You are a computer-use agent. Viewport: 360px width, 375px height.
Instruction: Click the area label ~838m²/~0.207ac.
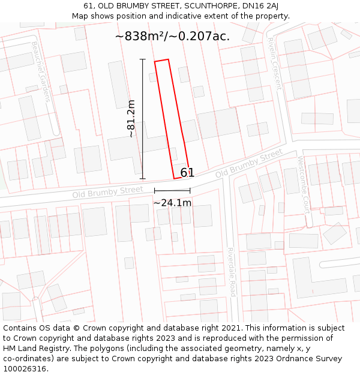[172, 37]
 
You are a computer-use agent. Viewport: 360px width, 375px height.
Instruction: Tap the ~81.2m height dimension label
[131, 119]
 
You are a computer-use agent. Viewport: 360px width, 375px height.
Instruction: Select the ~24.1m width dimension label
[172, 203]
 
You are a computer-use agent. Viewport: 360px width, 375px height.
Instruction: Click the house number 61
[187, 173]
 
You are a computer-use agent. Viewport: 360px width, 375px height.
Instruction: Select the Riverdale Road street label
[232, 272]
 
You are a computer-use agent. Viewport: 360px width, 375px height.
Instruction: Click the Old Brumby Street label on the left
[107, 193]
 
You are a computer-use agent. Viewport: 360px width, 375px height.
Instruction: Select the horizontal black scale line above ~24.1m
[172, 190]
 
